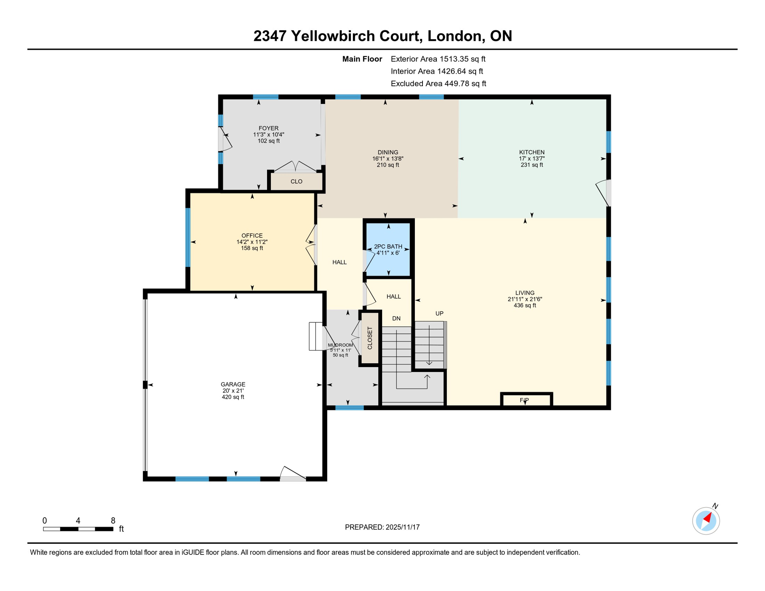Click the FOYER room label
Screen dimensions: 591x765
[268, 128]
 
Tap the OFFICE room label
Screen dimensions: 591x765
[252, 235]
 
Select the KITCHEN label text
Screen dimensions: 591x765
[531, 152]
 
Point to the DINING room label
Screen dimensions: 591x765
[388, 152]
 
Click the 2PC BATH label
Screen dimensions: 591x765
[388, 246]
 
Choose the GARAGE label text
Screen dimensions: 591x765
[233, 384]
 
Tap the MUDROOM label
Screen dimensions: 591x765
[340, 345]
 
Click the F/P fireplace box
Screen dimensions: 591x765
[526, 400]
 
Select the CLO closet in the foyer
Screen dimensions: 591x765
[296, 181]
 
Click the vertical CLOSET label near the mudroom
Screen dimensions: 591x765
[370, 338]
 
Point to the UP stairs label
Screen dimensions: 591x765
[439, 313]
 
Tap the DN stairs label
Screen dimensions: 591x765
[396, 318]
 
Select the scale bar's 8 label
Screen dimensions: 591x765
[113, 520]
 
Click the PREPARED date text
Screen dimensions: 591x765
[382, 527]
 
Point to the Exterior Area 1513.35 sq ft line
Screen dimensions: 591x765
[438, 59]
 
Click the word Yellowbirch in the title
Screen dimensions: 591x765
[354, 36]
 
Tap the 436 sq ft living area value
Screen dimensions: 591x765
[524, 306]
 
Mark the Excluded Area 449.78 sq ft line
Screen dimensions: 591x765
[438, 83]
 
